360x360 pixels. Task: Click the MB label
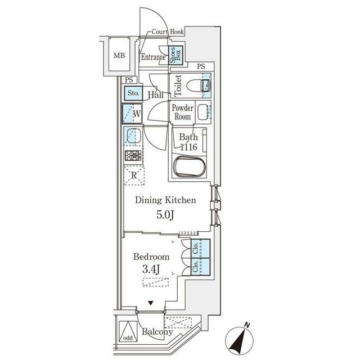tap(119, 56)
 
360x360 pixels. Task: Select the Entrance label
tap(152, 57)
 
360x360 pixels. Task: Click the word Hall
tap(156, 94)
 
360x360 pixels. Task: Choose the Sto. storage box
tap(133, 93)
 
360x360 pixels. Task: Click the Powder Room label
tap(182, 112)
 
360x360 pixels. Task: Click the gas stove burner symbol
tap(133, 156)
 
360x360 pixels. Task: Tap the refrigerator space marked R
tap(134, 175)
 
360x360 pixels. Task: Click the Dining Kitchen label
tap(165, 200)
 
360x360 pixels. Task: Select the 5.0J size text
tap(165, 214)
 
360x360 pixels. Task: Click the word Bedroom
tap(151, 257)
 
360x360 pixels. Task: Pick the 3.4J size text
tap(151, 270)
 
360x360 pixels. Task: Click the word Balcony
tap(157, 332)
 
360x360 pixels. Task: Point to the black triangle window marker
tap(151, 303)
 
